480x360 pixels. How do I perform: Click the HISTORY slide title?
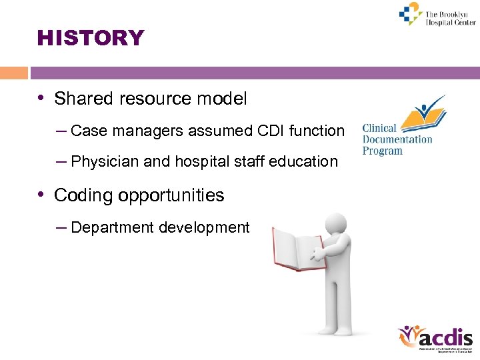tap(91, 38)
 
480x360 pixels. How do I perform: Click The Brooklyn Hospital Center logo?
tap(437, 15)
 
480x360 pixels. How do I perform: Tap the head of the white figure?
tap(336, 225)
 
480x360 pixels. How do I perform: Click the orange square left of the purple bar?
tap(14, 73)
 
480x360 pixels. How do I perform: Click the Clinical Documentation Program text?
tap(397, 139)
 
